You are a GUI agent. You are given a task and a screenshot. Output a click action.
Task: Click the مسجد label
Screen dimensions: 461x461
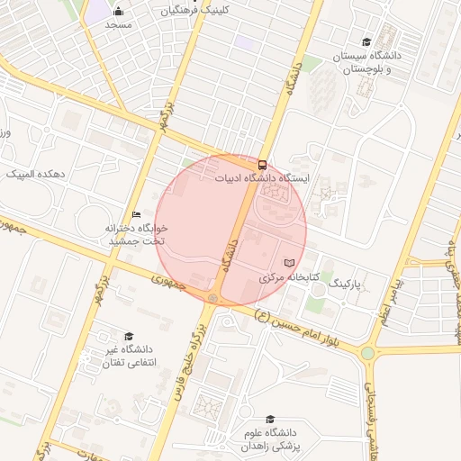click(x=119, y=24)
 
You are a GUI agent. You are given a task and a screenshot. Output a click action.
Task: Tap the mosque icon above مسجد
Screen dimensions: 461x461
click(x=119, y=12)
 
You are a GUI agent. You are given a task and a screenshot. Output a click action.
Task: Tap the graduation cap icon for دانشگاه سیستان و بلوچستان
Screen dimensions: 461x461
click(x=366, y=41)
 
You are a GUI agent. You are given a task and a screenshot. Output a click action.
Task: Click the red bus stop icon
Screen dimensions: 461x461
click(x=262, y=165)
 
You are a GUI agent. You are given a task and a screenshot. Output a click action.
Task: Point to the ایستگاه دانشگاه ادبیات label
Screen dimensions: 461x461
click(x=262, y=178)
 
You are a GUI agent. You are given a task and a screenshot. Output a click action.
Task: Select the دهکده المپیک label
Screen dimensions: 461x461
click(x=35, y=173)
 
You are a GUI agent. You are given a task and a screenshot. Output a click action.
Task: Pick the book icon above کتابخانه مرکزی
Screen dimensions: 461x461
click(x=288, y=263)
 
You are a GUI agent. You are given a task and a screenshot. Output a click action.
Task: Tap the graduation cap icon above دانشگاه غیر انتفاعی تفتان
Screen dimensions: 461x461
click(x=128, y=336)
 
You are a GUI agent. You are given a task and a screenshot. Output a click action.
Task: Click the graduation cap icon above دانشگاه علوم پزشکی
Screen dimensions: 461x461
click(x=270, y=419)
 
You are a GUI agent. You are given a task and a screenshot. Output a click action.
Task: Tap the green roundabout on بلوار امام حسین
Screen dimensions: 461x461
click(x=367, y=353)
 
